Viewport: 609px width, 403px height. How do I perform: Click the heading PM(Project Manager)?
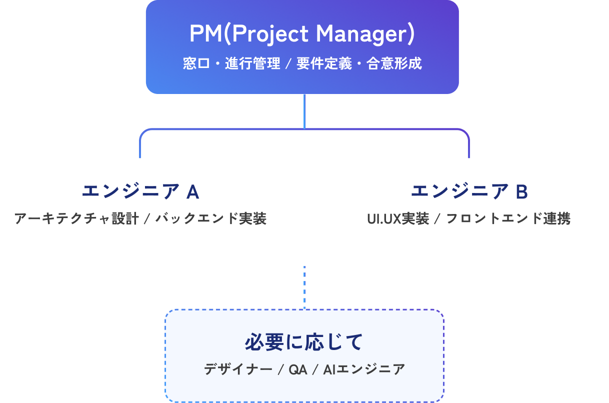pyautogui.click(x=302, y=34)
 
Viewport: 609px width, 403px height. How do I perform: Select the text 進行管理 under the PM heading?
pyautogui.click(x=252, y=64)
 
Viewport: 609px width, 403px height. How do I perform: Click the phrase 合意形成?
pyautogui.click(x=394, y=64)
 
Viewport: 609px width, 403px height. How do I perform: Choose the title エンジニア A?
pyautogui.click(x=140, y=191)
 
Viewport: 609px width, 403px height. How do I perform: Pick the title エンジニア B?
pyautogui.click(x=469, y=191)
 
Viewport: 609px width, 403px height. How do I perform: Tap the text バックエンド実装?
pyautogui.click(x=211, y=219)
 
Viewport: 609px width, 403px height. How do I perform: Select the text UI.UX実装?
pyautogui.click(x=398, y=219)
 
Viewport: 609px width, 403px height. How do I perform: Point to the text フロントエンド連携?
pyautogui.click(x=508, y=219)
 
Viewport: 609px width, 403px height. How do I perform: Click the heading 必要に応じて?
pyautogui.click(x=304, y=342)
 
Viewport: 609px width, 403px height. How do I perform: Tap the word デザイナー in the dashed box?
pyautogui.click(x=238, y=370)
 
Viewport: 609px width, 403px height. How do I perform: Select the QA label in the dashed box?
pyautogui.click(x=298, y=370)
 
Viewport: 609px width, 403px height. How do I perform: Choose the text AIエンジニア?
pyautogui.click(x=364, y=370)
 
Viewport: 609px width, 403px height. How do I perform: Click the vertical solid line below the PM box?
pyautogui.click(x=304, y=111)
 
